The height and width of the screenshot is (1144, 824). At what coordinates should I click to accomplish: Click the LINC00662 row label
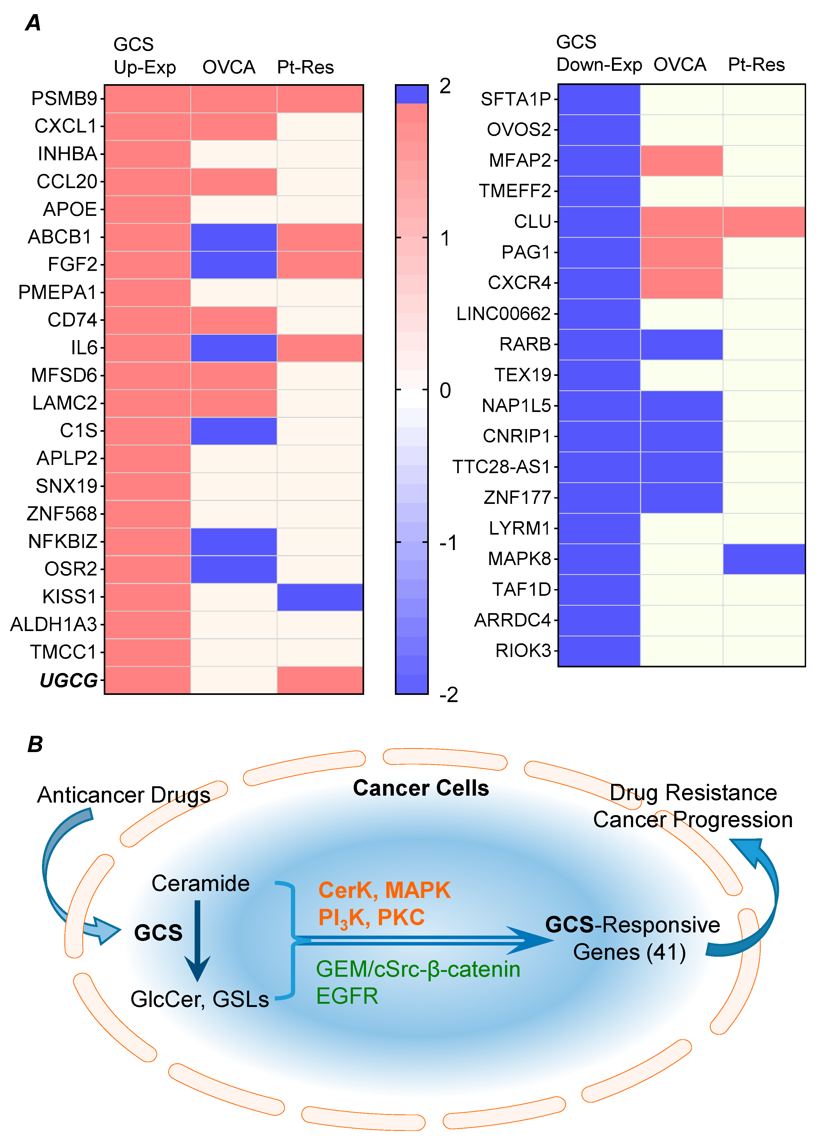(x=503, y=314)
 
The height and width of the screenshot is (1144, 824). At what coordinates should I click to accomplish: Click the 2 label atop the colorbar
(x=445, y=86)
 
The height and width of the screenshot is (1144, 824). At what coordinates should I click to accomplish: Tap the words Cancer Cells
(x=421, y=788)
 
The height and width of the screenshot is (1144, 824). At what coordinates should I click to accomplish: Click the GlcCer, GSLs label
(x=199, y=999)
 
